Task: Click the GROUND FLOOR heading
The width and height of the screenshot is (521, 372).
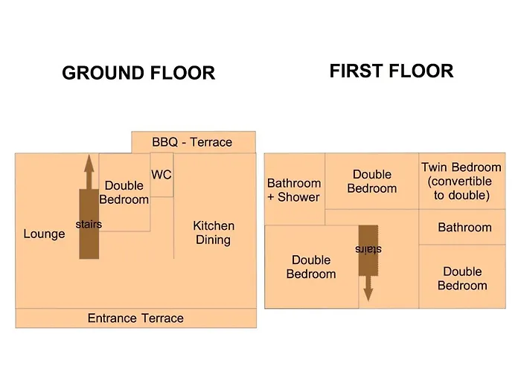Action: [x=138, y=73]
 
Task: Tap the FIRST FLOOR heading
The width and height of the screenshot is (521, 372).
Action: [x=391, y=71]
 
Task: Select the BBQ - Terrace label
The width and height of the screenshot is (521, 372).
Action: [x=192, y=142]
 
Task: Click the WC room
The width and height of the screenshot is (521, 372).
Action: [x=162, y=175]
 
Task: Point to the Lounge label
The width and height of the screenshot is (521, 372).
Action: [x=44, y=234]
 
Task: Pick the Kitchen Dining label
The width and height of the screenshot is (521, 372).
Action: [x=214, y=232]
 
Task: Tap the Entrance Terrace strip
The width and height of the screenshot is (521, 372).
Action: [x=136, y=318]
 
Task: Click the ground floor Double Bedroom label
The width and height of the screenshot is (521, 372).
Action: [x=124, y=192]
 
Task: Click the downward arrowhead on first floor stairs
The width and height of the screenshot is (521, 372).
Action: [x=368, y=295]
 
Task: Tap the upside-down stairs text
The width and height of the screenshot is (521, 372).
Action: [x=368, y=249]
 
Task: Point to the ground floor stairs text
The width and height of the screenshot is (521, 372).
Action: [x=89, y=224]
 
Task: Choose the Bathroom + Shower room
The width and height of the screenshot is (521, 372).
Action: [x=295, y=189]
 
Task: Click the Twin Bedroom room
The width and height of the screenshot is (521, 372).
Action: [x=462, y=181]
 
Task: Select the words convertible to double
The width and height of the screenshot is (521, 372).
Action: [x=461, y=188]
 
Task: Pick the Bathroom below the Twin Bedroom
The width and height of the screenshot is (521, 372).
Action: [x=462, y=227]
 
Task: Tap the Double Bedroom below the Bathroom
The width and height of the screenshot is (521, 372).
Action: [x=462, y=277]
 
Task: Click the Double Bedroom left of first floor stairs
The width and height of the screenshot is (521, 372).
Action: [x=312, y=266]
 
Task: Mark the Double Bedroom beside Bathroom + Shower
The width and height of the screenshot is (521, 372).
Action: [x=372, y=181]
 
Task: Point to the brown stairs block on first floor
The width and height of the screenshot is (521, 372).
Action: [x=368, y=251]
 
